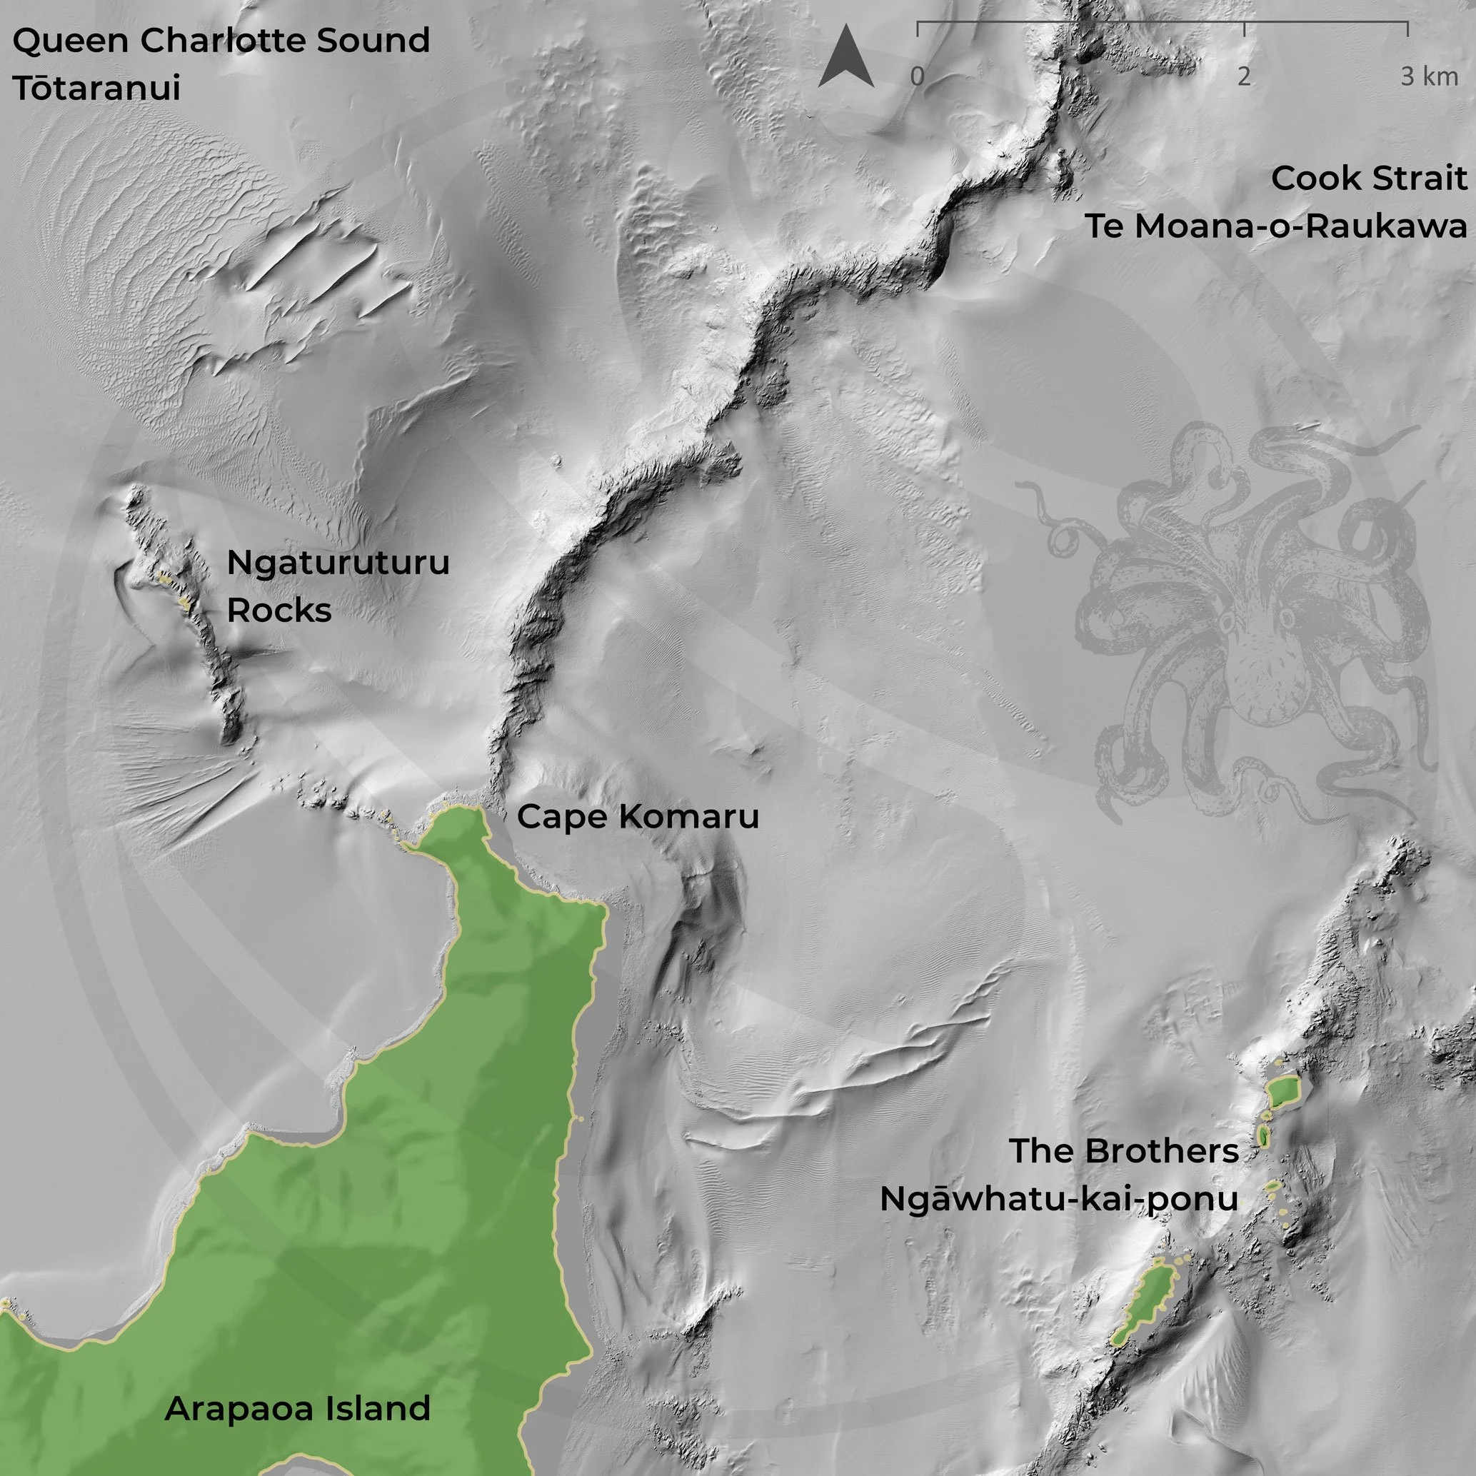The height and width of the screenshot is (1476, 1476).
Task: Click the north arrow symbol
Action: click(845, 57)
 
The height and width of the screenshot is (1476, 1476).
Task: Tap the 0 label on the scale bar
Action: click(917, 76)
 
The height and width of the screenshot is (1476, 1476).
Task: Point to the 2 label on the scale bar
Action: click(1244, 76)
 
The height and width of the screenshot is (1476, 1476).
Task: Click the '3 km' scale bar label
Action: click(1429, 76)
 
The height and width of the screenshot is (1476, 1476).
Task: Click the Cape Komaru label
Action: click(638, 817)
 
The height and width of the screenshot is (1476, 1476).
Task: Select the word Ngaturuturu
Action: click(338, 563)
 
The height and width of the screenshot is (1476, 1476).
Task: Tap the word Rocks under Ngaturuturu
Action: click(279, 611)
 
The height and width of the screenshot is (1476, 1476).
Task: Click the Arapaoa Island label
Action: click(297, 1409)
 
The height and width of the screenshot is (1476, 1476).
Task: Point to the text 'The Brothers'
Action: click(1123, 1151)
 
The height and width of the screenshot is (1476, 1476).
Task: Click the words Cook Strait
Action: click(1368, 179)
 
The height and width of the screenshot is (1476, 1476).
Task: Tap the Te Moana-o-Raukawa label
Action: click(1275, 227)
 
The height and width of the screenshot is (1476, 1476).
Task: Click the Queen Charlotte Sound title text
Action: click(221, 41)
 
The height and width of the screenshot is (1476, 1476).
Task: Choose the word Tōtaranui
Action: click(96, 88)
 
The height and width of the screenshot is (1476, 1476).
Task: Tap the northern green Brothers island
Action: click(1282, 1093)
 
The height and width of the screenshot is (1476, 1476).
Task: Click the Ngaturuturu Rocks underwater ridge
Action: click(191, 611)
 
